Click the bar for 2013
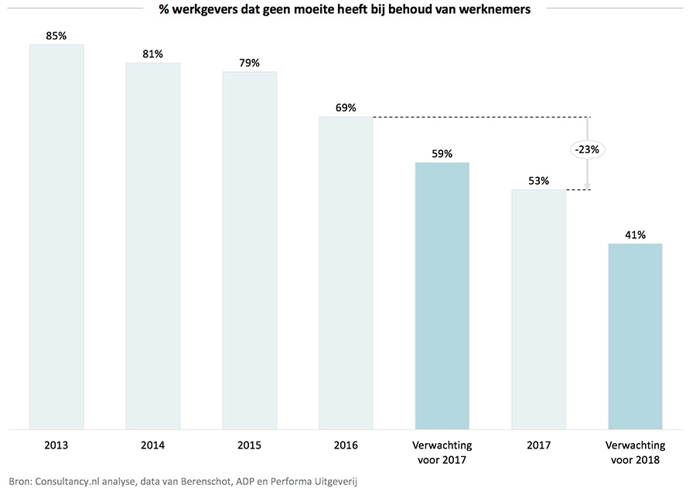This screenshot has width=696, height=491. pyautogui.click(x=56, y=236)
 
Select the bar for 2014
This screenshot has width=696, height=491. pyautogui.click(x=153, y=245)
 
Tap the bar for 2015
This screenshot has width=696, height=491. pyautogui.click(x=250, y=250)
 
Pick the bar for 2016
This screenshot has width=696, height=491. pyautogui.click(x=346, y=272)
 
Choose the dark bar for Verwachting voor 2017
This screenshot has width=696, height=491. pyautogui.click(x=442, y=295)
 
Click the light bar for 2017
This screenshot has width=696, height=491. pyautogui.click(x=538, y=309)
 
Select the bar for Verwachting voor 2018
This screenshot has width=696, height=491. pyautogui.click(x=635, y=336)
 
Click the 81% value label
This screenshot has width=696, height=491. pyautogui.click(x=153, y=53)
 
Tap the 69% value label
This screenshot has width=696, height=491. pyautogui.click(x=346, y=107)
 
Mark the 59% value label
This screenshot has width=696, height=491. pyautogui.click(x=442, y=153)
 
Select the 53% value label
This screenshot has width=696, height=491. pyautogui.click(x=538, y=181)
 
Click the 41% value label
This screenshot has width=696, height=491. pyautogui.click(x=635, y=234)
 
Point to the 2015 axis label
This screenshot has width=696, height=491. pyautogui.click(x=250, y=445)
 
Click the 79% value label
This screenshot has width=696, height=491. pyautogui.click(x=250, y=63)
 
